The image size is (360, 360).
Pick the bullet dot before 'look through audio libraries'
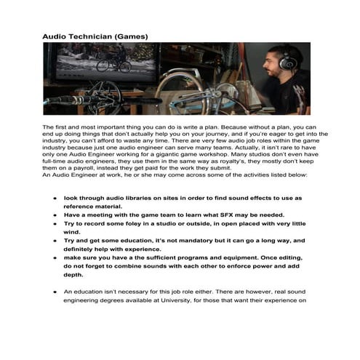pyautogui.click(x=55, y=198)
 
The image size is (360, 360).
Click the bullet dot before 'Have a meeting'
pyautogui.click(x=55, y=215)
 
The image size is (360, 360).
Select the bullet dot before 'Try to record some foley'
pyautogui.click(x=55, y=225)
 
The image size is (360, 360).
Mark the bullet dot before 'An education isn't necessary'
pyautogui.click(x=55, y=292)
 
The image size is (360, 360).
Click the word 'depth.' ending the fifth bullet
pyautogui.click(x=73, y=274)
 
